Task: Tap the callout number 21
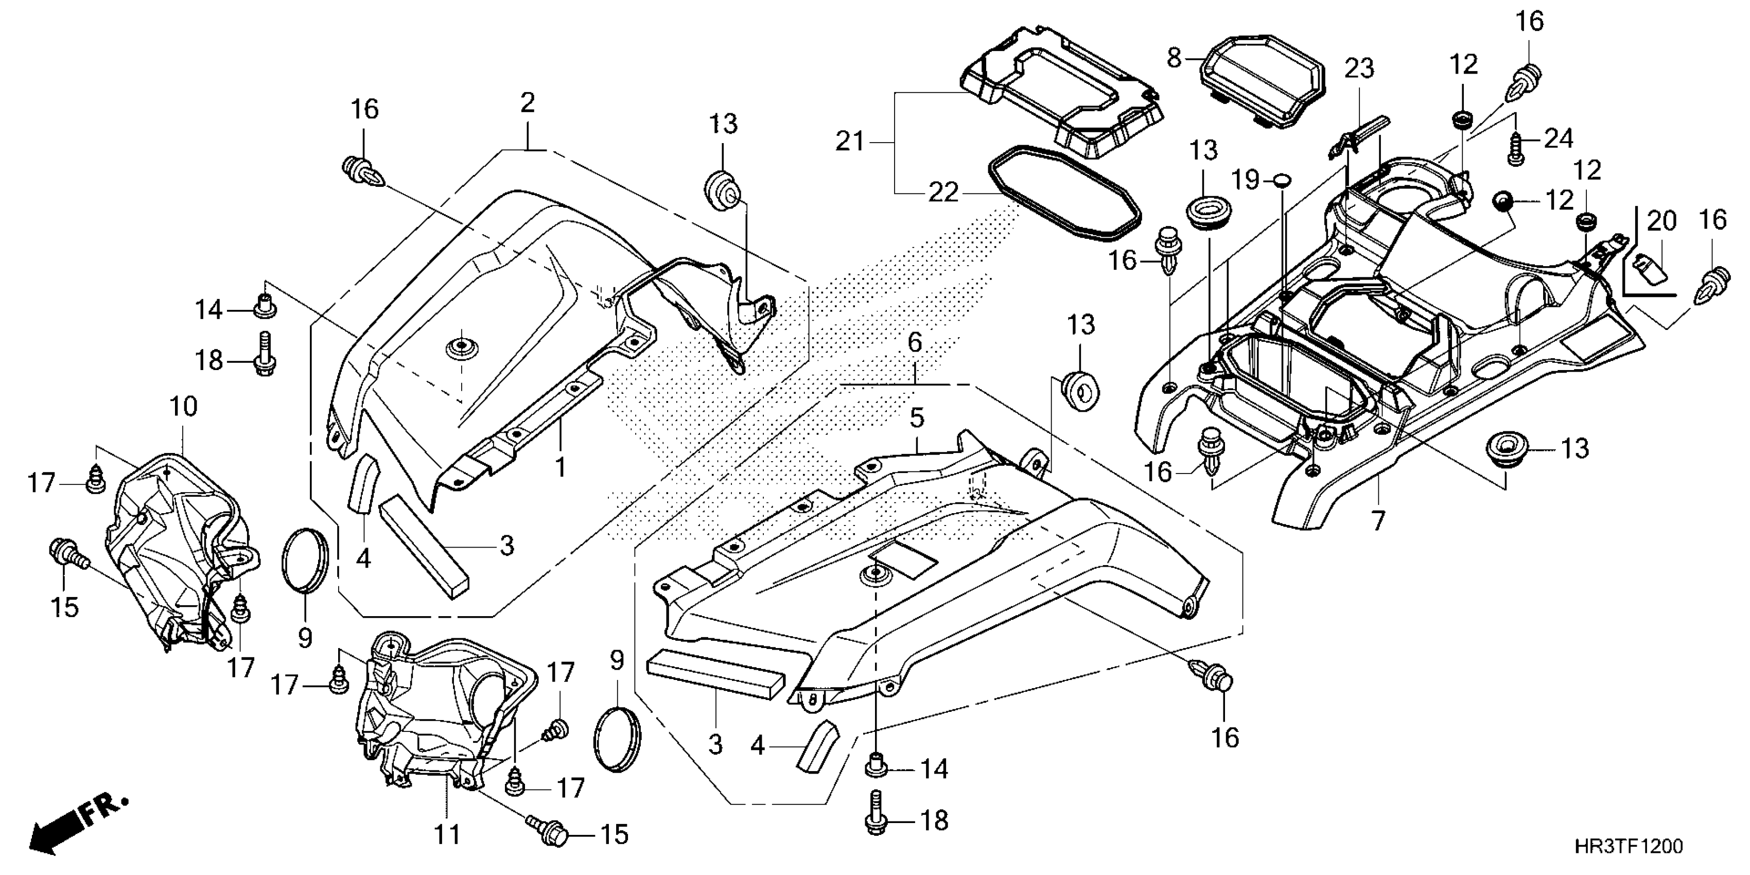(x=850, y=142)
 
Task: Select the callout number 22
(x=943, y=193)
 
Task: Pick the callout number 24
(x=1559, y=139)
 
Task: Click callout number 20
(x=1661, y=221)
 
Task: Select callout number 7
(x=1378, y=521)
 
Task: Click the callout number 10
(x=183, y=407)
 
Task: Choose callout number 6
(x=915, y=343)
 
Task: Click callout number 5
(x=917, y=418)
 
